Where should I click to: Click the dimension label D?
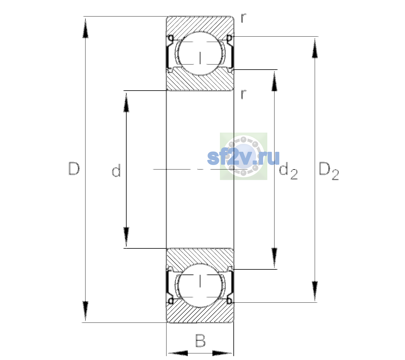(x=74, y=169)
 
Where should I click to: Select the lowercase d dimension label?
(x=116, y=170)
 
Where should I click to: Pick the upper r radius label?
(x=243, y=18)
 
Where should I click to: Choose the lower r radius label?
(x=243, y=94)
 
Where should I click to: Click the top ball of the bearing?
(x=200, y=53)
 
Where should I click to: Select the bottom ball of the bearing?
(x=200, y=285)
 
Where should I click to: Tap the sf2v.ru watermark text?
(x=243, y=158)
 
